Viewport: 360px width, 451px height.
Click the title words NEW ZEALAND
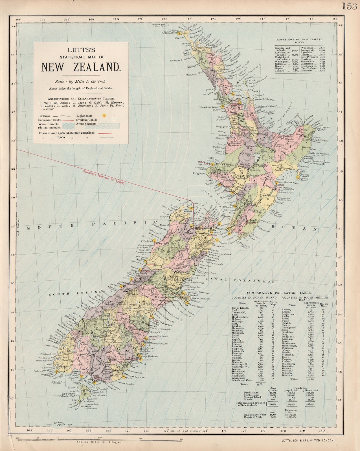coord(81,67)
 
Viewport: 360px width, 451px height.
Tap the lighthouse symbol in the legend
coord(104,116)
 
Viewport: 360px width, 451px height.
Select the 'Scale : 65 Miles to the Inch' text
coord(81,81)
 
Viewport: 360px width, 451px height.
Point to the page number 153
coord(350,6)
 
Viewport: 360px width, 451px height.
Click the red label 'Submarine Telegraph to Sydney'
coord(104,177)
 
